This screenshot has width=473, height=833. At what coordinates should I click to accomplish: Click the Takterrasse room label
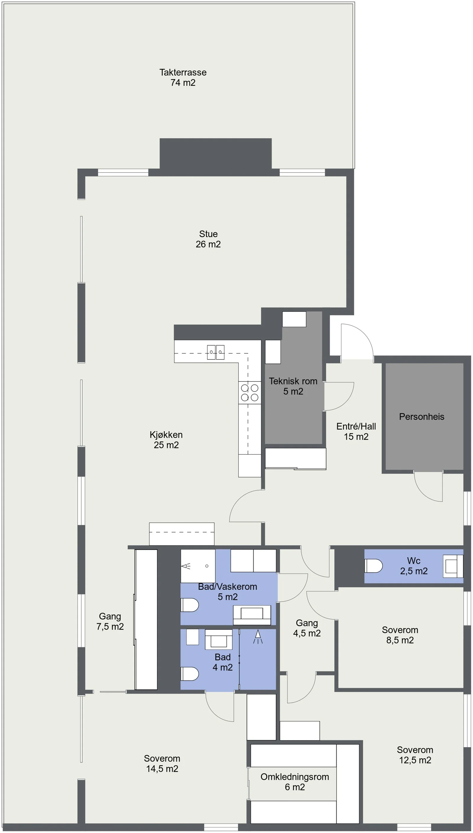tap(183, 77)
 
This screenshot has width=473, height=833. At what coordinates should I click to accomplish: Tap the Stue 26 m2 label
tap(208, 239)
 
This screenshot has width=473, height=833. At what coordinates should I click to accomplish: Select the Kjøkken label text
tap(166, 435)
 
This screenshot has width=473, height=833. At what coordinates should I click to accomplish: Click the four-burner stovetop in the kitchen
tap(250, 392)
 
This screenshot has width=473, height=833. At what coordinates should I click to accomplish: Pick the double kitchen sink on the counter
tap(216, 352)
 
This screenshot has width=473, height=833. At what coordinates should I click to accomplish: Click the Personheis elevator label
tap(422, 417)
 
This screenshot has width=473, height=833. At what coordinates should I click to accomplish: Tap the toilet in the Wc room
tap(374, 566)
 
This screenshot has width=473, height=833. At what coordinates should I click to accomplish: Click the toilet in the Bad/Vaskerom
tap(189, 605)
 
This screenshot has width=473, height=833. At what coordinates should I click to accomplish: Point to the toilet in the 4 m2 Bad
tap(189, 674)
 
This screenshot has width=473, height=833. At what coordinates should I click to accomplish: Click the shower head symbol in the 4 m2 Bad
tap(258, 636)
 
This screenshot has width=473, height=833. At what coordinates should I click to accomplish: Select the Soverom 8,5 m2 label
tap(400, 635)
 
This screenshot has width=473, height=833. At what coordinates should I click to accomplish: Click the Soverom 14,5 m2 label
tap(162, 764)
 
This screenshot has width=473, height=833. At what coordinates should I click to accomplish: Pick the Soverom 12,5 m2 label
tap(415, 755)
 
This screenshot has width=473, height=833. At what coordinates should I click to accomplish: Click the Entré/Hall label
tap(356, 426)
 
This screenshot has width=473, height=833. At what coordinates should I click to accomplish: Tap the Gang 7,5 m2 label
tap(110, 621)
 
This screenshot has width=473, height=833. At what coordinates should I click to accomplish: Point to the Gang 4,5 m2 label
tap(307, 628)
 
